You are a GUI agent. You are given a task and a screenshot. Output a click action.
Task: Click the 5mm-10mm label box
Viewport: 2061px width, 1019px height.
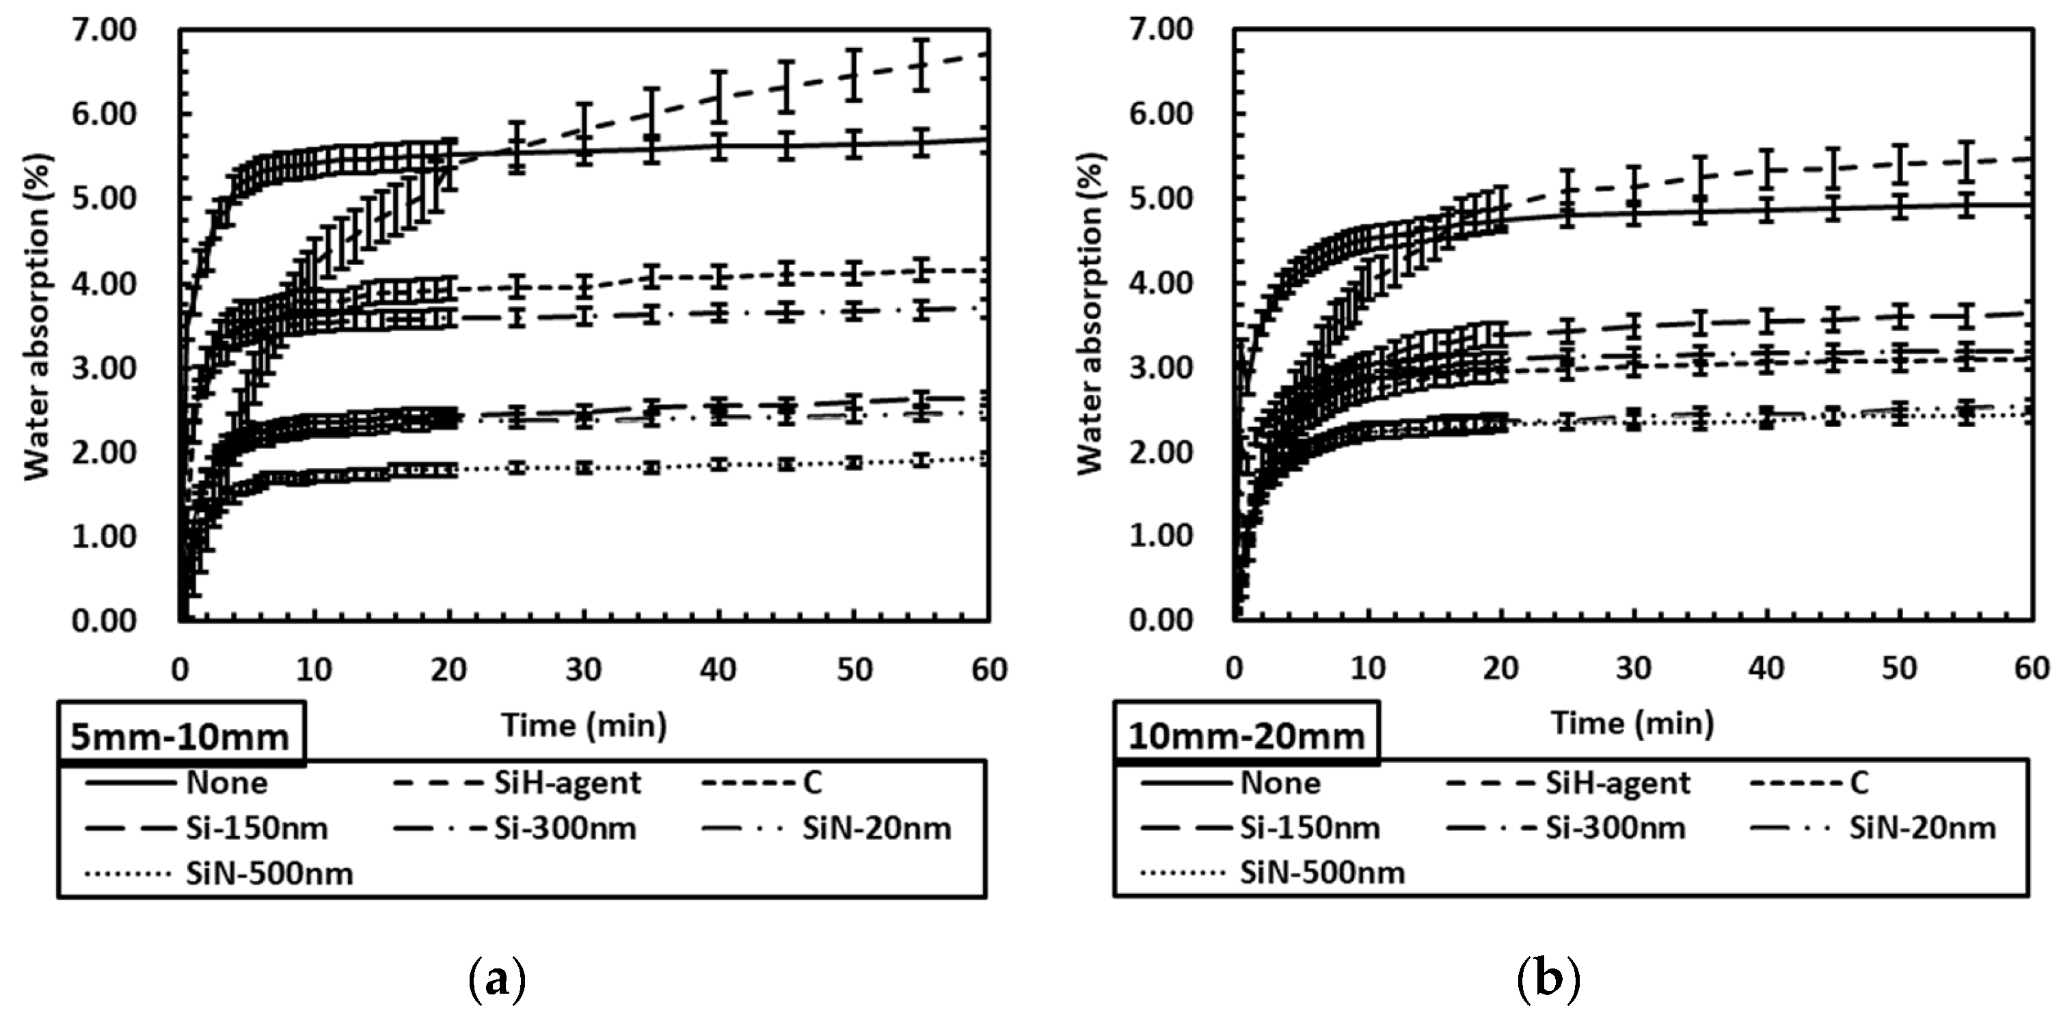(181, 733)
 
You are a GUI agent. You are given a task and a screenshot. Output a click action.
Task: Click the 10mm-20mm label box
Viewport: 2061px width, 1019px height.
(1245, 733)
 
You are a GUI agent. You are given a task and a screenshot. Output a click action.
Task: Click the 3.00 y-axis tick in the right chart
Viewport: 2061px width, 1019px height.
(1160, 368)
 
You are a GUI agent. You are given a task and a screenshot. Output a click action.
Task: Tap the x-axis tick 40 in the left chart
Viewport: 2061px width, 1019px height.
(718, 668)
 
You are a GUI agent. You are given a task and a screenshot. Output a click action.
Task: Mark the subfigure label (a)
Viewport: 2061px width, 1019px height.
(497, 977)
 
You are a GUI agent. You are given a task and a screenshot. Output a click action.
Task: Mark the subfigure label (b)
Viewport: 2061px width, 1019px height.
(1549, 977)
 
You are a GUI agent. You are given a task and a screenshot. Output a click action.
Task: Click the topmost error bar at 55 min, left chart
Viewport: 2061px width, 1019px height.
(921, 64)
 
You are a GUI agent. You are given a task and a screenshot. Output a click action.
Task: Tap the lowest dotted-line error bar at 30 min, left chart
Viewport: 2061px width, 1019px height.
(584, 468)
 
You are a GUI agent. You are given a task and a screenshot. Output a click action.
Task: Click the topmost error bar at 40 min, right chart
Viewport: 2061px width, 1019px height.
(1766, 169)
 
